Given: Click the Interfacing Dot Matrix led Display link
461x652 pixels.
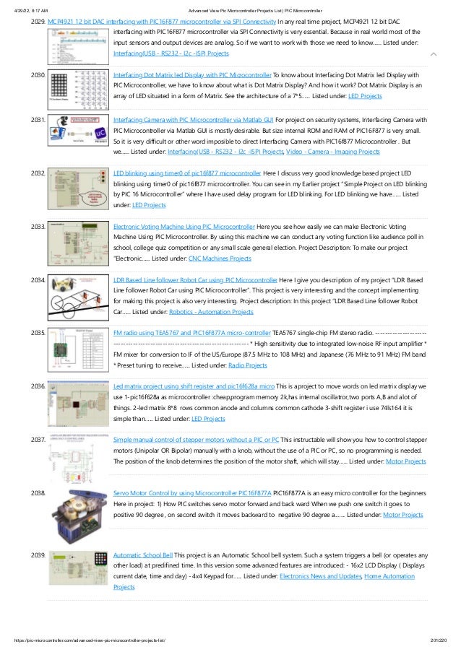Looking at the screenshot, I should (x=191, y=74).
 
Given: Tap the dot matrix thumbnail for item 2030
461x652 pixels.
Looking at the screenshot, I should (x=77, y=92).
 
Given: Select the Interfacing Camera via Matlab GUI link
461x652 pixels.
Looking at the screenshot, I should (x=193, y=119).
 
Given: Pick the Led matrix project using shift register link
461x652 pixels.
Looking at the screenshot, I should (x=194, y=386).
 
